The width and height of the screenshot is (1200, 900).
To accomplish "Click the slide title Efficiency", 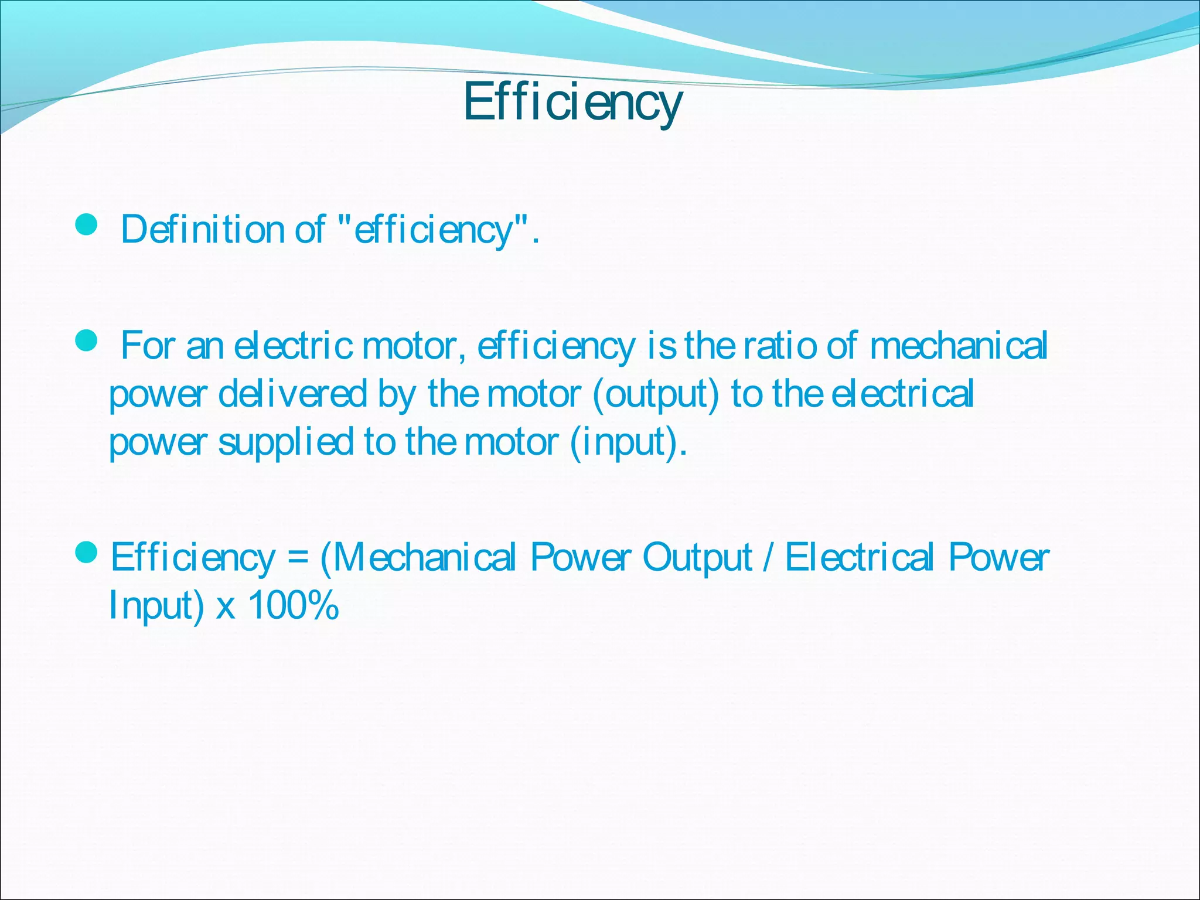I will click(572, 103).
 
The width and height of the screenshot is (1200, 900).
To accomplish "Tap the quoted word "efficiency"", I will click(434, 229).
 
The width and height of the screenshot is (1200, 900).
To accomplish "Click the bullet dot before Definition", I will click(87, 224).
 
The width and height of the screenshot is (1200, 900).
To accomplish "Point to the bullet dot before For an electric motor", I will click(87, 340).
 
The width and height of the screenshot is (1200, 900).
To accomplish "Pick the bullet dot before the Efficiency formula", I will click(87, 552).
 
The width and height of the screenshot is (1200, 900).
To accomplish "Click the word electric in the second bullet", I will click(293, 346).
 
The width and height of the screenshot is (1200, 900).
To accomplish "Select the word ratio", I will click(780, 346).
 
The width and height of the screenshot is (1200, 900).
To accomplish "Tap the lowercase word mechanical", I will click(959, 346).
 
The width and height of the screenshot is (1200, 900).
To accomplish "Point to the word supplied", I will click(285, 442).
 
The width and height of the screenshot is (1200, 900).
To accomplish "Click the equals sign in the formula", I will click(298, 558).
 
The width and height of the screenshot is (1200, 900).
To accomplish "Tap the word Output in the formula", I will click(697, 558).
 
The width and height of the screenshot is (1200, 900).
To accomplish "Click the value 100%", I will click(294, 605).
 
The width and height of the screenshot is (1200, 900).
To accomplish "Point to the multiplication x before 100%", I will click(226, 607).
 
